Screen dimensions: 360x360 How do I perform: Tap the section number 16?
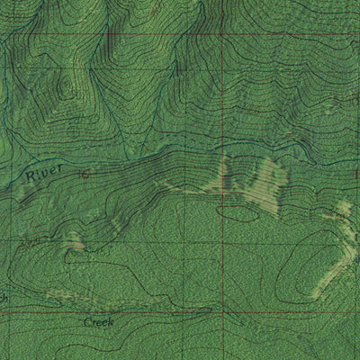pyautogui.click(x=84, y=174)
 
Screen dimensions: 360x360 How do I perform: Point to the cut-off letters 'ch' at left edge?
pyautogui.click(x=4, y=298)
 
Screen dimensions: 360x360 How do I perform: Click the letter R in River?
pyautogui.click(x=29, y=176)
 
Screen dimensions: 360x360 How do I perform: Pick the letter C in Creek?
pyautogui.click(x=88, y=321)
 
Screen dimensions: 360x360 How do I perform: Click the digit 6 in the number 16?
pyautogui.click(x=86, y=174)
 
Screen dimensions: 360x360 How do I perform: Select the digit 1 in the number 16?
pyautogui.click(x=81, y=174)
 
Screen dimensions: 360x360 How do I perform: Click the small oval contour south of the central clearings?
pyautogui.click(x=236, y=213)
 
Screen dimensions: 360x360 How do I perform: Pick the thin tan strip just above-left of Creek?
pyautogui.click(x=67, y=293)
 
